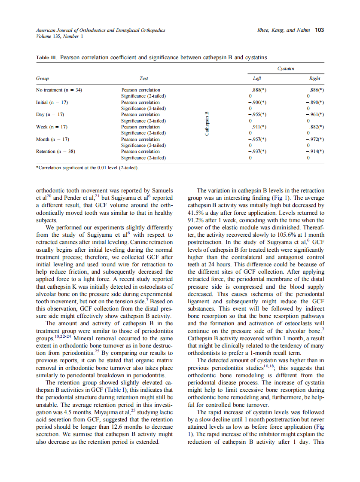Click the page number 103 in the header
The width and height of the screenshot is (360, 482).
point(319,31)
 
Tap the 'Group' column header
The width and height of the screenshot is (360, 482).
point(42,79)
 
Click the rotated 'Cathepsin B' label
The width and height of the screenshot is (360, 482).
point(207,124)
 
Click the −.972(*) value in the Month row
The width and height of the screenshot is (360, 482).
point(314,140)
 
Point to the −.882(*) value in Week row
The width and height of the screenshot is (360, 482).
point(314,127)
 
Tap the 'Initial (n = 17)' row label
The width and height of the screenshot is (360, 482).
point(52,102)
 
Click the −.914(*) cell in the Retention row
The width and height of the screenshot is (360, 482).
point(314,152)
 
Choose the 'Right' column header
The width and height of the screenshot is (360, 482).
point(314,79)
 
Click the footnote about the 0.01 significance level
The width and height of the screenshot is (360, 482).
point(87,168)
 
